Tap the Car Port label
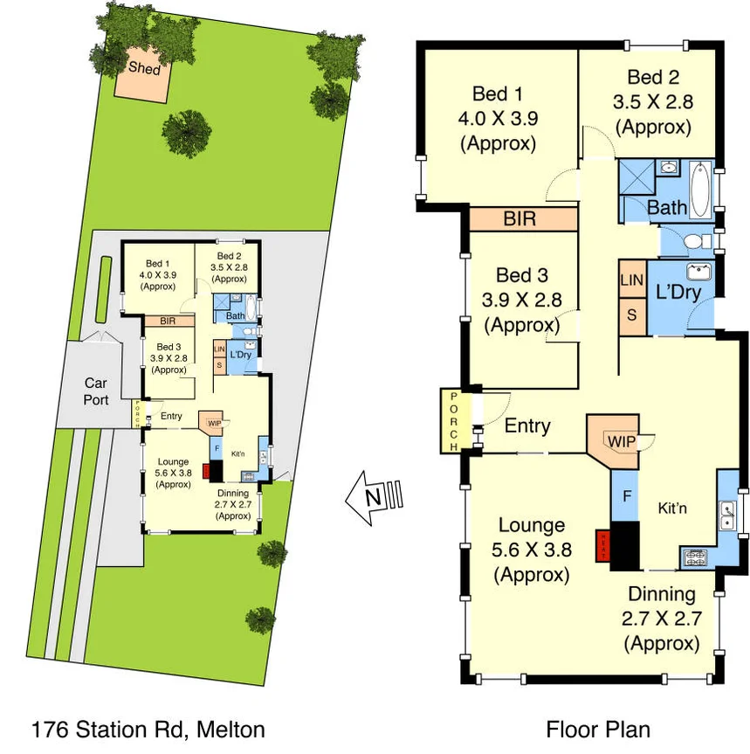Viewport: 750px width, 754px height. coord(96,391)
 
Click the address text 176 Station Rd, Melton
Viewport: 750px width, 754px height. coord(148,730)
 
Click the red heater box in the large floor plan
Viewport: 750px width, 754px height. coord(602,545)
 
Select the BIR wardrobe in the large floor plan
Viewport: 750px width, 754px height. coord(521,218)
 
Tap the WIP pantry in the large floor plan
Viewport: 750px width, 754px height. coord(620,441)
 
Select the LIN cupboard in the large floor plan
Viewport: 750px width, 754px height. coord(631,280)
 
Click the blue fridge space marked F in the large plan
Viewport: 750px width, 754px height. coord(625,495)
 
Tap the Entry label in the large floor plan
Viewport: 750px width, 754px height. coord(527,425)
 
